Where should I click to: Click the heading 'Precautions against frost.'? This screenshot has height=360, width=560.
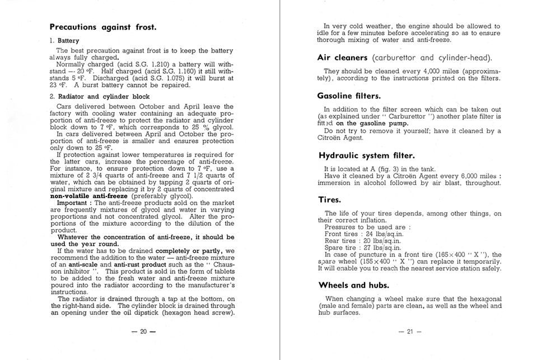103,26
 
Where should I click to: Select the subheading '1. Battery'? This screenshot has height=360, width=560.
64,41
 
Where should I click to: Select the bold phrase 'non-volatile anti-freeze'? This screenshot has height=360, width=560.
89,196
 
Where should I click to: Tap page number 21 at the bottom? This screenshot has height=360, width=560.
409,331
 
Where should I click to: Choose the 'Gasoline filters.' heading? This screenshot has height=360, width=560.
349,96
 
